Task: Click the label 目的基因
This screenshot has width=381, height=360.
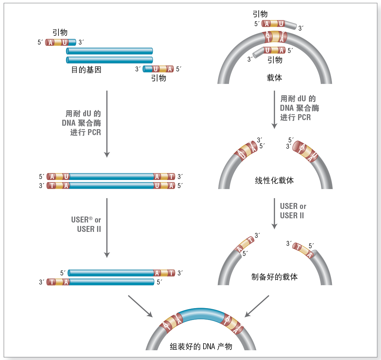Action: coord(86,70)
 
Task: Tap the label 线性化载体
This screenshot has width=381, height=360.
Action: coord(274,180)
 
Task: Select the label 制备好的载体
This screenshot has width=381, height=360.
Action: coord(274,277)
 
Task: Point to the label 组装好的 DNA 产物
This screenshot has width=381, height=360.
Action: coord(201,346)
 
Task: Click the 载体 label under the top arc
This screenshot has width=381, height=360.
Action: coord(274,78)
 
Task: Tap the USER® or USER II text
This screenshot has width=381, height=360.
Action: coord(86,224)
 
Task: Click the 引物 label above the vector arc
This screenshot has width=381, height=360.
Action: coord(260,14)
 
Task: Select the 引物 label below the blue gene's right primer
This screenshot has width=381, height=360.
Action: coord(159,78)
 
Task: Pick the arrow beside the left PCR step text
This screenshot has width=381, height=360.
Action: coord(107,124)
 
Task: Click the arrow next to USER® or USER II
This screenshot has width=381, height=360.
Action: coord(107,228)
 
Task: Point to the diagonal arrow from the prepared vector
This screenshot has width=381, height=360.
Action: coord(256,306)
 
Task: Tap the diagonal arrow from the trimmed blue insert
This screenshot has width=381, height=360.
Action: coord(140,306)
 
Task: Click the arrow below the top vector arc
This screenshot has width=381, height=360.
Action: coord(274,110)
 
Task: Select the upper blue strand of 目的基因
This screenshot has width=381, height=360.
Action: coord(110,51)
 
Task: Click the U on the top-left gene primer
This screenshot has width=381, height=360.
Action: coord(65,42)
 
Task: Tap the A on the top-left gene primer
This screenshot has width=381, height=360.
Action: coord(50,42)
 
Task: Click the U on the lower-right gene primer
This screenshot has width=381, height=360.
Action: coord(156,69)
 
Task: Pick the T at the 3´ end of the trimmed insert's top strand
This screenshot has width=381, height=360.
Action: coord(171,273)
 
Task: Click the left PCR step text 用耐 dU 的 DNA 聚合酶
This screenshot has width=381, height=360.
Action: coord(81,118)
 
